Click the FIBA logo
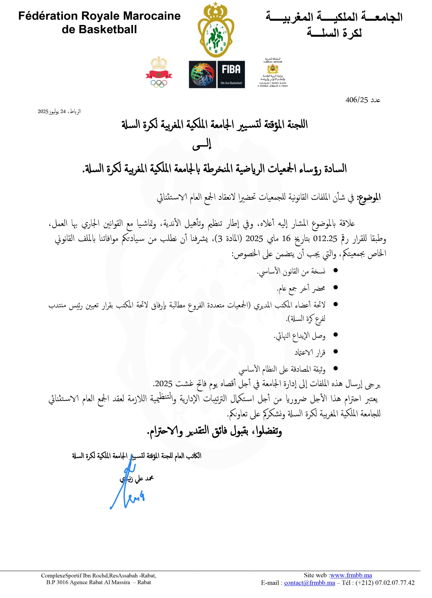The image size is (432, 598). [217, 74]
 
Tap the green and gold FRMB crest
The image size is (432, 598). [215, 30]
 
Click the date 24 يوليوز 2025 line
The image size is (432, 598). [59, 111]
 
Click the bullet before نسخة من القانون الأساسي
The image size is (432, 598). [336, 271]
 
